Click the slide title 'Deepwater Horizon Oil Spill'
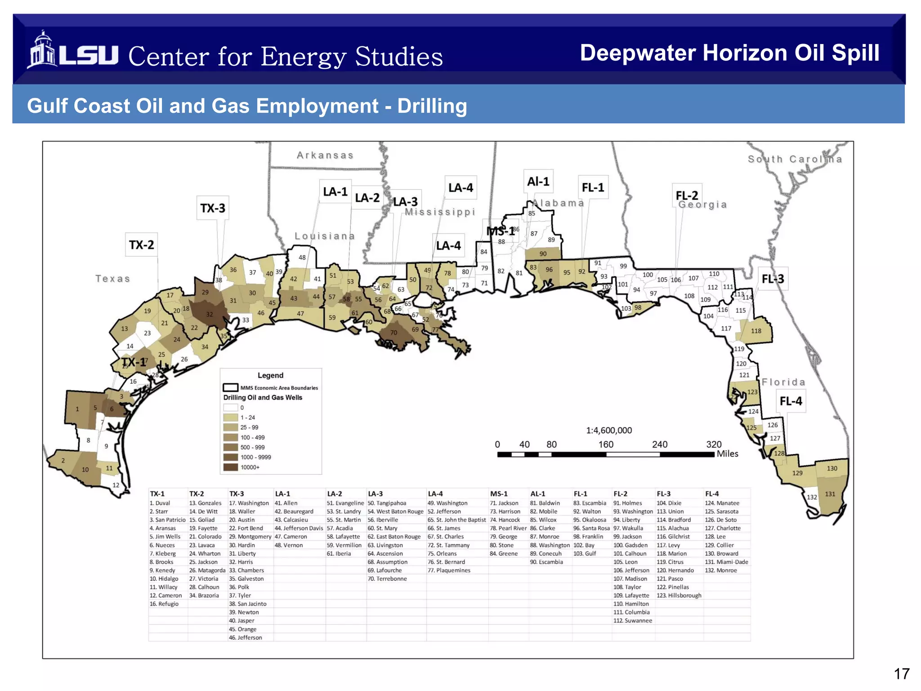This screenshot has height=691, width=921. tap(729, 53)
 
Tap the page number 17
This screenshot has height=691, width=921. tap(901, 673)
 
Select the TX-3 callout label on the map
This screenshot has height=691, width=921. tap(213, 208)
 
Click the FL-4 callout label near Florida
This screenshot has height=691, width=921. tap(791, 401)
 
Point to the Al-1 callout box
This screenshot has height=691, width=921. tap(538, 181)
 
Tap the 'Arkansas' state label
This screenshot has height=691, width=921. tap(325, 155)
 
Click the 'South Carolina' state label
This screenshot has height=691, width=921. tap(795, 159)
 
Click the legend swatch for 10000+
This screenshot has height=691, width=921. tap(231, 467)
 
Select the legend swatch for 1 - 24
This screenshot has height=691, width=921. tap(231, 417)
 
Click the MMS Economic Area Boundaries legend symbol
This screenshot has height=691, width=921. tap(231, 387)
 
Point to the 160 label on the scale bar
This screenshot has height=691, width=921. tap(605, 444)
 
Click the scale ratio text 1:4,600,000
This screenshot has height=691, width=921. tap(609, 431)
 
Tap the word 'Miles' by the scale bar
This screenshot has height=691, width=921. tap(727, 454)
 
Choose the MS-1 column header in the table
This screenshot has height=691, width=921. tap(498, 494)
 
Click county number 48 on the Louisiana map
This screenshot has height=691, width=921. tap(302, 257)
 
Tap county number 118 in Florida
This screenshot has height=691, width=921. tap(756, 331)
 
